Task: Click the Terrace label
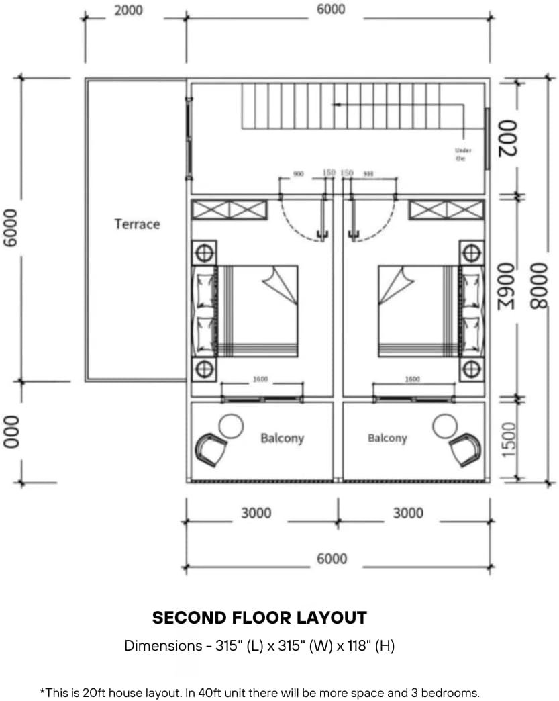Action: click(137, 224)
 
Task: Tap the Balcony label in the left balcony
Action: click(282, 438)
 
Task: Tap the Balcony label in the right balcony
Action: click(387, 438)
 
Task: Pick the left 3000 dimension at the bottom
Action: click(256, 513)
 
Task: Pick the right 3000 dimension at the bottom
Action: click(408, 513)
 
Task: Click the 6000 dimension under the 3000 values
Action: click(332, 559)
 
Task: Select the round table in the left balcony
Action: click(231, 425)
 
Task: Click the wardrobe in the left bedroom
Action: click(230, 210)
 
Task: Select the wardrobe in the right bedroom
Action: click(446, 210)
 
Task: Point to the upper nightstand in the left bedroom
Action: click(204, 253)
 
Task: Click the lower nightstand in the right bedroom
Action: click(472, 368)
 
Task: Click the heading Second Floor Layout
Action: click(259, 618)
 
